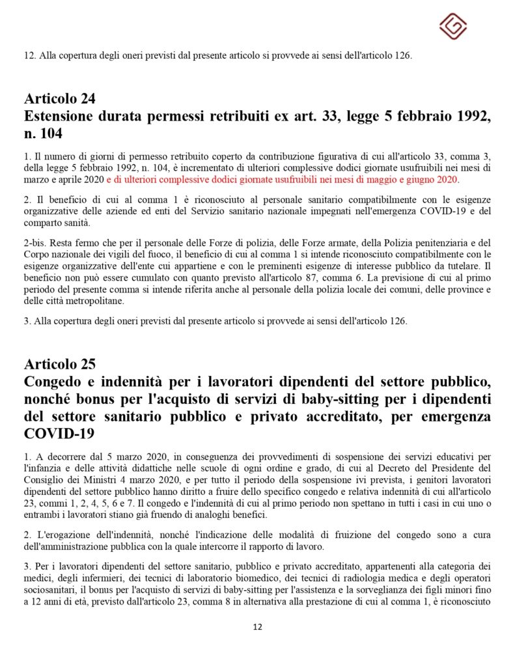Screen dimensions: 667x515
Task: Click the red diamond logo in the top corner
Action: click(452, 25)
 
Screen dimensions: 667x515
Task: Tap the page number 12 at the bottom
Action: click(257, 627)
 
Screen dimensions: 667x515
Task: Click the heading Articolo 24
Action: click(60, 99)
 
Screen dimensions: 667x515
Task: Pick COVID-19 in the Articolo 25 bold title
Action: click(55, 433)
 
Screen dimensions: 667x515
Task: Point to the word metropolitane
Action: click(89, 300)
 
